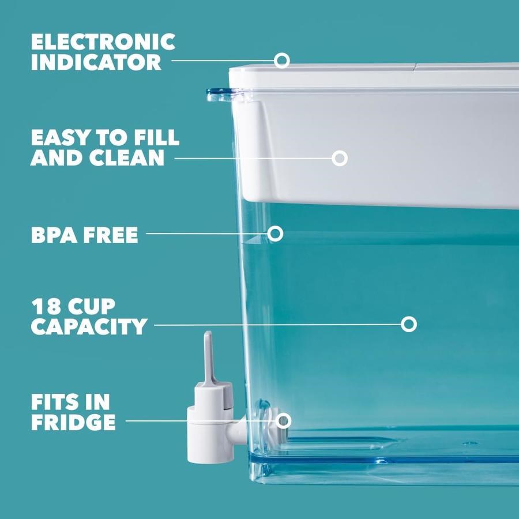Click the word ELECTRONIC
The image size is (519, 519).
click(103, 42)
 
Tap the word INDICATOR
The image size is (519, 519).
click(96, 62)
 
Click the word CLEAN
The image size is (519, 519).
click(127, 157)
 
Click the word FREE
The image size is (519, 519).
click(111, 235)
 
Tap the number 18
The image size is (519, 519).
click(46, 307)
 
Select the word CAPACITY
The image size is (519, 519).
click(89, 326)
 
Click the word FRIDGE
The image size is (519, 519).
click(73, 422)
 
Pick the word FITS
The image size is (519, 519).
click(55, 402)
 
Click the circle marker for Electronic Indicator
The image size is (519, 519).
click(281, 61)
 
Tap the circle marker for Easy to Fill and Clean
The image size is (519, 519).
click(339, 158)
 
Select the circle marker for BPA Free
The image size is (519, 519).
click(275, 234)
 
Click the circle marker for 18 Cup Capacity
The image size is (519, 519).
click(409, 324)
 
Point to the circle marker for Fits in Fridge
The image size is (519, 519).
click(283, 421)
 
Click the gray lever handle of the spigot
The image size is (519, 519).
click(209, 358)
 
